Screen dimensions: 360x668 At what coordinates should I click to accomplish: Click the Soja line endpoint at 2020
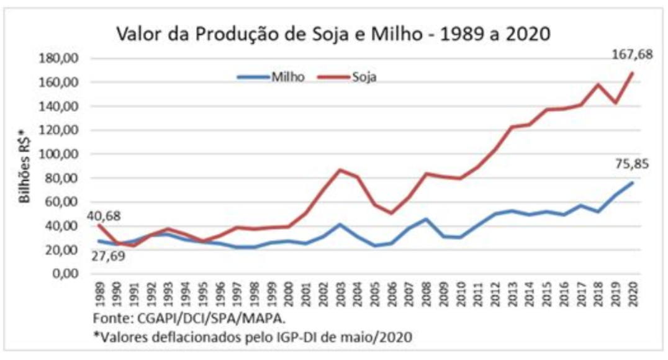point(633,73)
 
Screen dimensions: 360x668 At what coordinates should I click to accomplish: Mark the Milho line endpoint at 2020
point(633,182)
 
